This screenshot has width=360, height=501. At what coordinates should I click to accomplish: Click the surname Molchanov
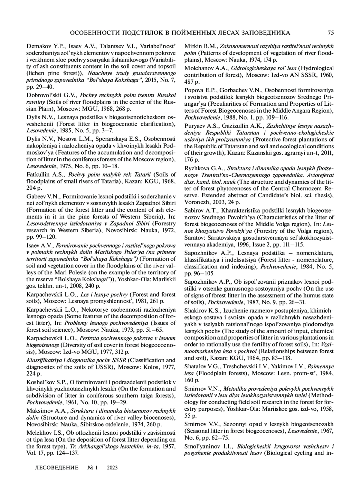[x=198, y=68]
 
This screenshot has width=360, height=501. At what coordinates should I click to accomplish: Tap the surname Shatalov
[x=195, y=367]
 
